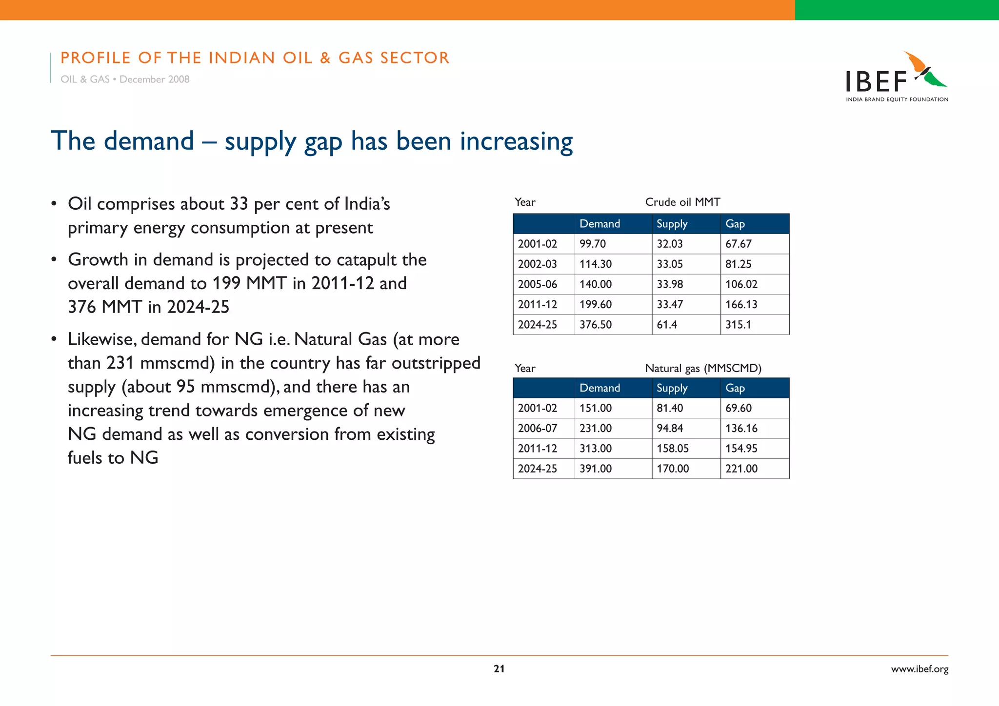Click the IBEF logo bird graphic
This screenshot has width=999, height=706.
tap(924, 70)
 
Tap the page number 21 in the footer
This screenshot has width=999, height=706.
tap(499, 669)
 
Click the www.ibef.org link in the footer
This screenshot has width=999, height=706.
tap(919, 669)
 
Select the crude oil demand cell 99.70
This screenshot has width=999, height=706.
tap(593, 244)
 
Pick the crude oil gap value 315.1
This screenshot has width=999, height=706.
tap(738, 325)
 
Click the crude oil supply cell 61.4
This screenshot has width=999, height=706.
tap(667, 325)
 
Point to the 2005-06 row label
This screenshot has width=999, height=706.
tap(537, 284)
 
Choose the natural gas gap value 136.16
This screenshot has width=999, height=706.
tap(741, 428)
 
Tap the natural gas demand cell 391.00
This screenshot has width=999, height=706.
tap(596, 469)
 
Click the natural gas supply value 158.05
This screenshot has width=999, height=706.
tap(673, 449)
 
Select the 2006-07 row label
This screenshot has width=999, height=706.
tap(537, 428)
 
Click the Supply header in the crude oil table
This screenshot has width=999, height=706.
tap(672, 224)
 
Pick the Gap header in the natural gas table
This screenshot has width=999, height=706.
tap(735, 388)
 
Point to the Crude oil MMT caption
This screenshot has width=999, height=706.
tap(682, 202)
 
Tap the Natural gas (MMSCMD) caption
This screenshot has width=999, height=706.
tap(703, 368)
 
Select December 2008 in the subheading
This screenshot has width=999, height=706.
tap(154, 79)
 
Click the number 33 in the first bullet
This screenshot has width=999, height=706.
tap(239, 204)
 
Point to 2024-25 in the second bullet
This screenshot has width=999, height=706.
tap(198, 307)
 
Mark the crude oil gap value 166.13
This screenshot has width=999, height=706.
tap(741, 305)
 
